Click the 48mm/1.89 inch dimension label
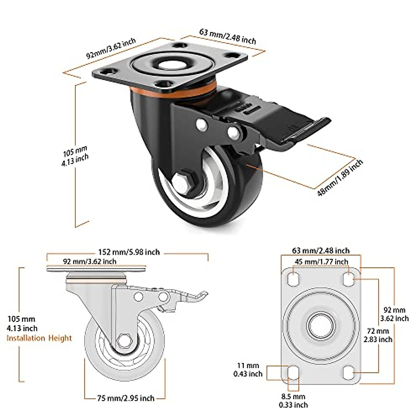click(339, 178)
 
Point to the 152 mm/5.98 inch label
click(129, 252)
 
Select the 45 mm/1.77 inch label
click(321, 262)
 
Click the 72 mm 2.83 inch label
click(378, 335)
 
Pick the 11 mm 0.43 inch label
click(248, 370)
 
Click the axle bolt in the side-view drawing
click(124, 341)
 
